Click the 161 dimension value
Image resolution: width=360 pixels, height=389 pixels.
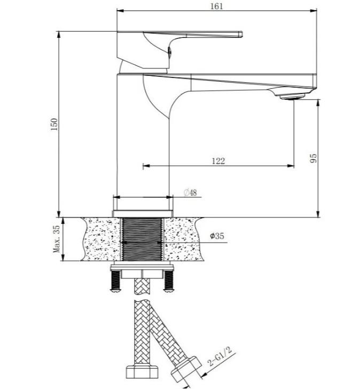click(x=217, y=6)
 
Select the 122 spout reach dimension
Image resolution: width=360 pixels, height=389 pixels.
click(x=218, y=161)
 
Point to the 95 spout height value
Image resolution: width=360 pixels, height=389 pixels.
click(x=314, y=158)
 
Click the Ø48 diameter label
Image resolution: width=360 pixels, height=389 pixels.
click(x=190, y=192)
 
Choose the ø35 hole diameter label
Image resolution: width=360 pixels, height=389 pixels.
click(x=217, y=236)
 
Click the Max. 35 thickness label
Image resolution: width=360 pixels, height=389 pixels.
click(x=56, y=239)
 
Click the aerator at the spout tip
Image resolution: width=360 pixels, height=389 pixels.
click(x=292, y=97)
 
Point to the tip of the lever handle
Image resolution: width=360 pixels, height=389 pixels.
click(x=242, y=34)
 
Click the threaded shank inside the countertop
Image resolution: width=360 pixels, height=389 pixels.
click(x=142, y=239)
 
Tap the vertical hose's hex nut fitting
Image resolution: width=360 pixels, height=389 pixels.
click(x=142, y=371)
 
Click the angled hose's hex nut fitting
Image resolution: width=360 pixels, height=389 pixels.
click(x=186, y=369)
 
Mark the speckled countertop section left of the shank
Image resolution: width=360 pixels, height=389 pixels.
click(x=101, y=239)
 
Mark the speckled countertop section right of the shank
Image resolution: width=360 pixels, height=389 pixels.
click(x=183, y=239)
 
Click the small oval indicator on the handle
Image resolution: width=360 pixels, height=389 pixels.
click(x=170, y=51)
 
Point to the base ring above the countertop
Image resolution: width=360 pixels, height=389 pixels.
click(x=143, y=214)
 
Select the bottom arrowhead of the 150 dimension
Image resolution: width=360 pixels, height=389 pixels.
click(x=59, y=214)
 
